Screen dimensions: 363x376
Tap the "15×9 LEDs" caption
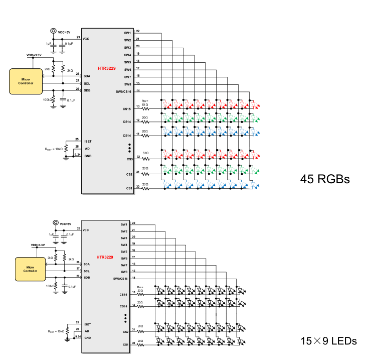328,341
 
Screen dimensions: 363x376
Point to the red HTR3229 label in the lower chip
104,257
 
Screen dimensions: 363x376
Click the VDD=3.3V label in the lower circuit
38,245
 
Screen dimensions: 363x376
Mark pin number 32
137,157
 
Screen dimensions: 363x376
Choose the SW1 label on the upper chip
127,33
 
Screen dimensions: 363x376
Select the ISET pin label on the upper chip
88,142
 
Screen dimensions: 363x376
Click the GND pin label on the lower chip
88,338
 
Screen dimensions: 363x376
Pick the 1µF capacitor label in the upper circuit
48,44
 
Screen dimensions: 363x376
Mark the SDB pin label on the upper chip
87,90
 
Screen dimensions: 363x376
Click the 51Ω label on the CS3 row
146,153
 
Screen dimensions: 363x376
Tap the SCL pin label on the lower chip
87,271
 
